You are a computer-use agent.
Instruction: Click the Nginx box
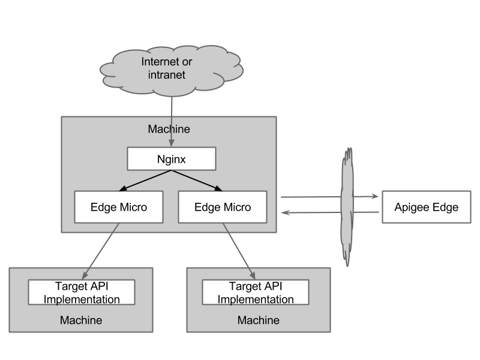pos(171,160)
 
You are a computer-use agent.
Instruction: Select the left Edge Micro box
pos(119,207)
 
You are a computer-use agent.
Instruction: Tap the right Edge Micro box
pos(223,207)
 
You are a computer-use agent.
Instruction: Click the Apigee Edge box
pos(426,207)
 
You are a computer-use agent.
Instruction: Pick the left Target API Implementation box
pos(82,292)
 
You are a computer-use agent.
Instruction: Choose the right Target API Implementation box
pos(256,292)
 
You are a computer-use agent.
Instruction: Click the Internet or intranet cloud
pos(172,69)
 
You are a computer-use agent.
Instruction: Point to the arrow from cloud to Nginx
pos(172,120)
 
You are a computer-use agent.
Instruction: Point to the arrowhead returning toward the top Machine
pos(286,212)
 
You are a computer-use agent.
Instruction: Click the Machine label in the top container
pos(169,129)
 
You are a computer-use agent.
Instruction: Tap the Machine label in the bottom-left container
pos(81,320)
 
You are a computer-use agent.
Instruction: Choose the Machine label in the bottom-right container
pos(258,320)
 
